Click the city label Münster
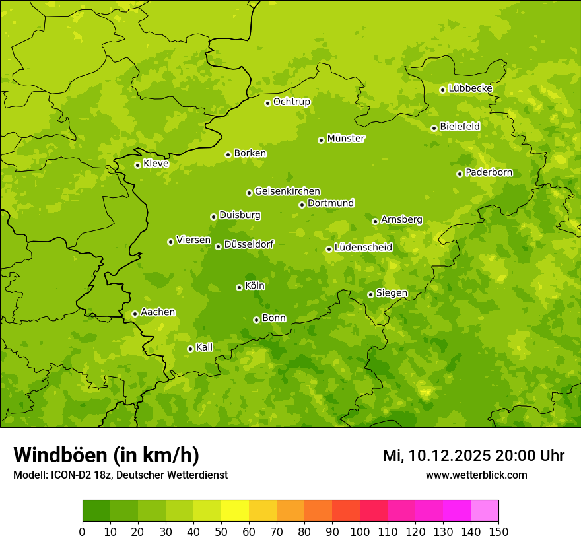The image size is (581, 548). coord(346,139)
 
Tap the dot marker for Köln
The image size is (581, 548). coord(239,287)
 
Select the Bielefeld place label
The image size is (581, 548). coord(460,127)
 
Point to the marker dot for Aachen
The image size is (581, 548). coord(135,314)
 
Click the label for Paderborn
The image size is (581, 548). coord(489,172)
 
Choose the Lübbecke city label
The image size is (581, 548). coord(470,88)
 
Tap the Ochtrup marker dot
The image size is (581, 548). coord(267,103)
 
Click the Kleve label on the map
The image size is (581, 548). coord(156,164)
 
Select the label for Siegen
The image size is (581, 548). coord(392,293)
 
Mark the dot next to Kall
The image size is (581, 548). coord(190,349)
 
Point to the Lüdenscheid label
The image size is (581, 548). coord(363,248)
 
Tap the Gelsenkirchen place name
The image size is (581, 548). coord(287,191)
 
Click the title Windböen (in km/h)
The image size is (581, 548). coord(106,455)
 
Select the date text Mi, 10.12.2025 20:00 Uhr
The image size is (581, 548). coord(473,456)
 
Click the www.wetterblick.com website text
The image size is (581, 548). coord(476,475)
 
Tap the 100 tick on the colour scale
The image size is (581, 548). coord(360,532)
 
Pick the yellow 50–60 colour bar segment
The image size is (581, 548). coord(235,511)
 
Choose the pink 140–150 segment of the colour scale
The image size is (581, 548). coord(485,511)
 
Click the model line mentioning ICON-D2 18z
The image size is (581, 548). coord(120,475)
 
